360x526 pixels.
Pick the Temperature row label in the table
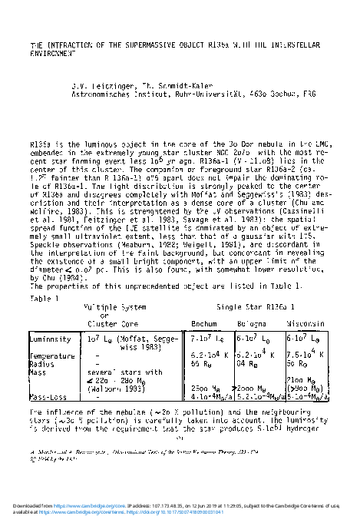coord(51,356)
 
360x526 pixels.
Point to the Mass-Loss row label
coord(48,397)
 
